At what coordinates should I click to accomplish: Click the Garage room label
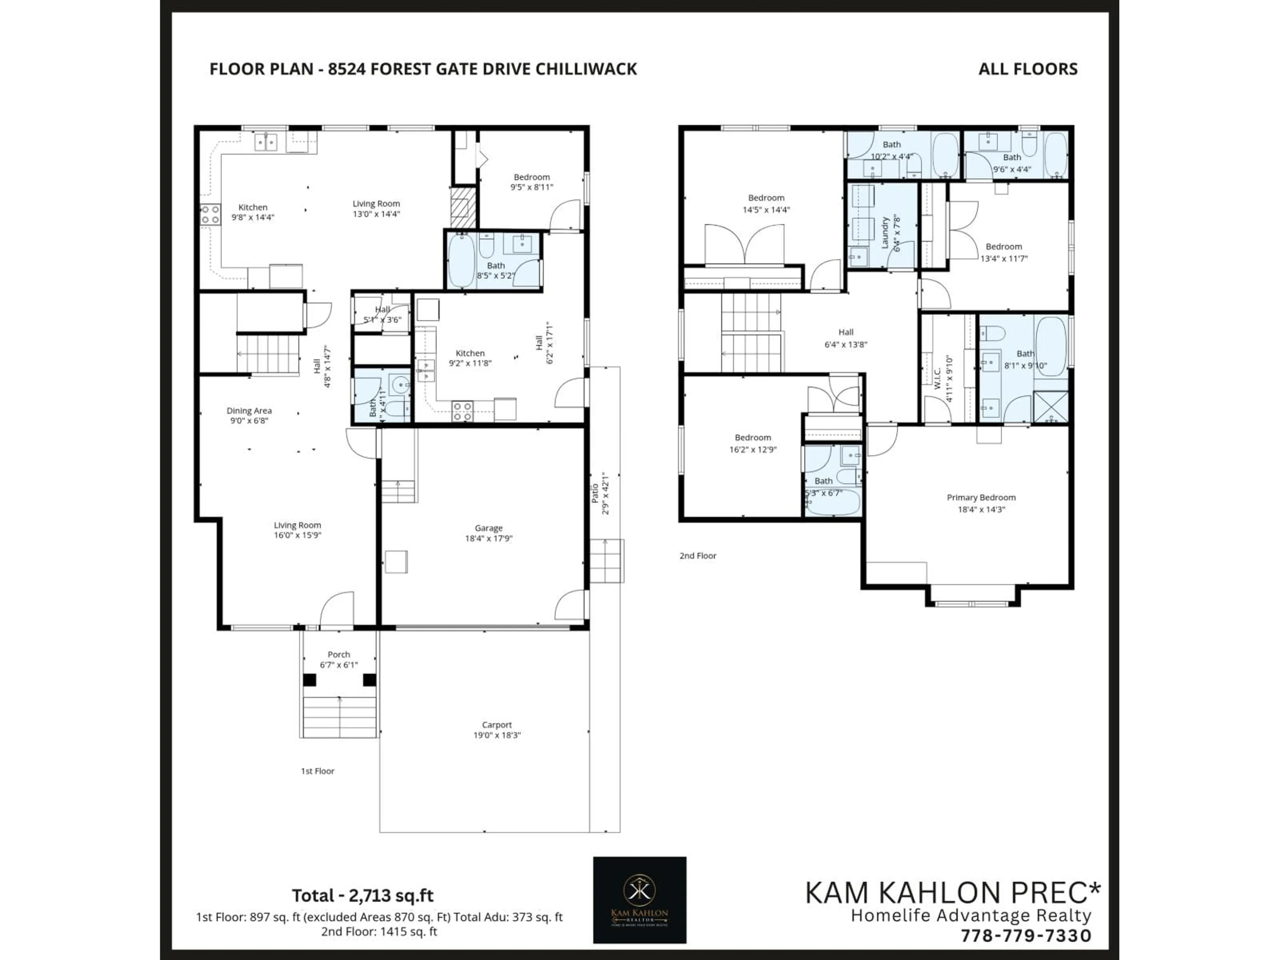(489, 528)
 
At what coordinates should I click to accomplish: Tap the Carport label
(497, 724)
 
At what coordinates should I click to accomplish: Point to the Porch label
(339, 654)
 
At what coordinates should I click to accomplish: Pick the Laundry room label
(885, 233)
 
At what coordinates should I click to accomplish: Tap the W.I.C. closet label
(937, 378)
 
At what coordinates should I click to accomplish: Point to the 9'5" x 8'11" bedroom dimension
(531, 187)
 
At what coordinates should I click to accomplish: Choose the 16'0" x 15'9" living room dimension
(297, 535)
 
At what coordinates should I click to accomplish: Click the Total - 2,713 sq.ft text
(362, 896)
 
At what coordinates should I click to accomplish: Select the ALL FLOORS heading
(1028, 69)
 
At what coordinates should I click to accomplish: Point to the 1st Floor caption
(317, 771)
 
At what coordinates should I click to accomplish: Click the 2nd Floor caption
(697, 556)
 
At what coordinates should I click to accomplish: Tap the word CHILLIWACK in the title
(586, 69)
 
